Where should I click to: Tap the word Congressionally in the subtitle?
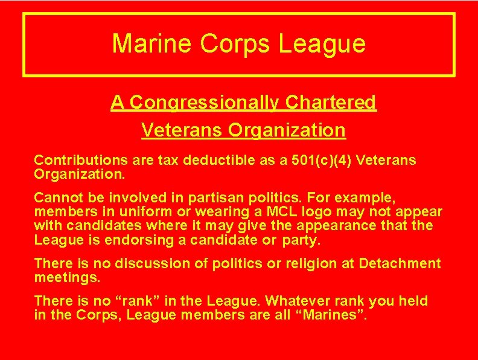point(204,103)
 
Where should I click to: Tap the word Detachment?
point(400,264)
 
